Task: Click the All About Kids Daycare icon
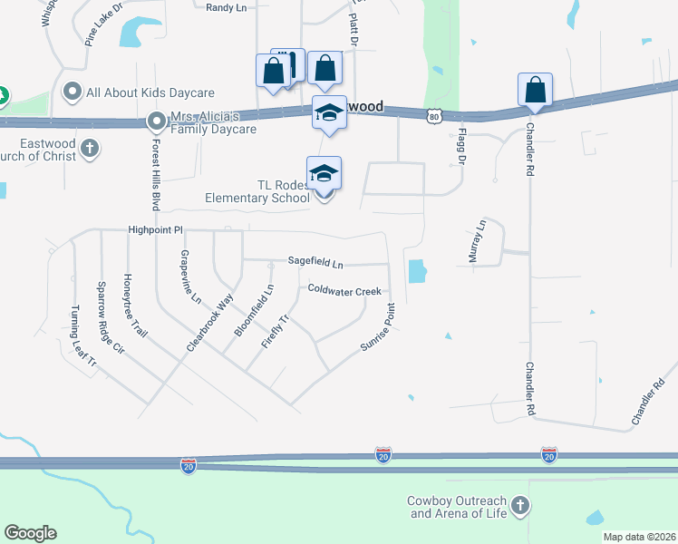click(x=73, y=92)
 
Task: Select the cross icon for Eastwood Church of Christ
click(x=89, y=148)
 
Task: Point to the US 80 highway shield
click(x=435, y=116)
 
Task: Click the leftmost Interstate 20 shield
click(x=188, y=466)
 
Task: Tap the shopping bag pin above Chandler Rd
click(x=535, y=90)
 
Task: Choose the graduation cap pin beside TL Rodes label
click(x=324, y=173)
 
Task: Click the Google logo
click(x=30, y=533)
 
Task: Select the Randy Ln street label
click(x=226, y=7)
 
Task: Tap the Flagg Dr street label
click(x=459, y=146)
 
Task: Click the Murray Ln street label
click(x=477, y=241)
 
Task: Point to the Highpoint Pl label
click(x=155, y=230)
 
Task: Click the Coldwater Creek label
click(x=344, y=290)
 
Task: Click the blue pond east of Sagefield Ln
click(x=417, y=270)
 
